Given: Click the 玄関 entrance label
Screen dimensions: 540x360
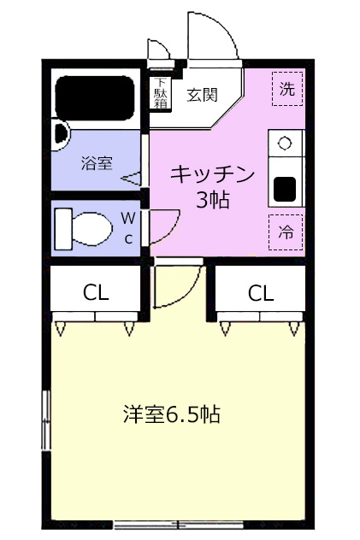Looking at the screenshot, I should tap(204, 94).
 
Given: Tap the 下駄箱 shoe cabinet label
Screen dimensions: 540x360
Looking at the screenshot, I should tap(161, 93).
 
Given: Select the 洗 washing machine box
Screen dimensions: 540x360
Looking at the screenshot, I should tap(287, 88).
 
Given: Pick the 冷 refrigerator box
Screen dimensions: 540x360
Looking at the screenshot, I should tap(287, 230).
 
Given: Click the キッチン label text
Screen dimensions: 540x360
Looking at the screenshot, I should tap(213, 174).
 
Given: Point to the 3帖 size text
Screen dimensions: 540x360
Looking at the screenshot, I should tap(213, 202).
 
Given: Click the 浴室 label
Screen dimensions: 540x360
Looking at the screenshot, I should tap(97, 163).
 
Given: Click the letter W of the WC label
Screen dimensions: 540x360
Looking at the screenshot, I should tap(127, 218).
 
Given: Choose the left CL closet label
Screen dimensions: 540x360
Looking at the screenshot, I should tap(96, 292).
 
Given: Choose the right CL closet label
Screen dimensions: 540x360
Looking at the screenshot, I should tap(261, 292).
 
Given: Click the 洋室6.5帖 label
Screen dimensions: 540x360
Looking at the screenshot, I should tap(172, 415).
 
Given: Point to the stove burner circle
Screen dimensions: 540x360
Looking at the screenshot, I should tap(285, 142).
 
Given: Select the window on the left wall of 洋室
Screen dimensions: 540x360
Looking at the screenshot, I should tap(45, 419).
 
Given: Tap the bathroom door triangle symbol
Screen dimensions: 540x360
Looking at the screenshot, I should tap(132, 179).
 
